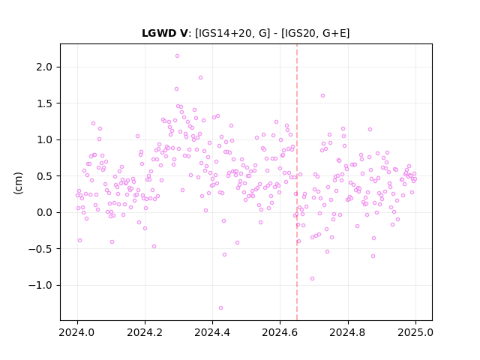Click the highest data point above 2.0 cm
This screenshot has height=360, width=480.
[x=177, y=56]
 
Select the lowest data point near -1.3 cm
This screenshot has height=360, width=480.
[x=220, y=308]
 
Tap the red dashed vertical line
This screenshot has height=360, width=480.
[x=297, y=182]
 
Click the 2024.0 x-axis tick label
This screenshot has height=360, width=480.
[x=77, y=332]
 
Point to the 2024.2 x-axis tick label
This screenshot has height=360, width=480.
[x=145, y=332]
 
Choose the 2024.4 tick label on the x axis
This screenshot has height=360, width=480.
[x=212, y=332]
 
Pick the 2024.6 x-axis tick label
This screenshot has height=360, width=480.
[x=280, y=332]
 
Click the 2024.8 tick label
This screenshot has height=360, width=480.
[x=348, y=332]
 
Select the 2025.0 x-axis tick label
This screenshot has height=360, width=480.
[x=415, y=332]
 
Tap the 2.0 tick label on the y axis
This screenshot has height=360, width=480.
[x=44, y=67]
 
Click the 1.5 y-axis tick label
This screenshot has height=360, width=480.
[x=44, y=103]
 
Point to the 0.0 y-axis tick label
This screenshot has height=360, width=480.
[x=44, y=212]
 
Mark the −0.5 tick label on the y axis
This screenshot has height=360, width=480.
[x=40, y=249]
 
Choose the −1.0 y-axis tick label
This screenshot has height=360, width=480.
[x=40, y=285]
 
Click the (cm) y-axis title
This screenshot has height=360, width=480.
[x=18, y=183]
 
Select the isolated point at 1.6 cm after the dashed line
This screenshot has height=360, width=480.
[x=322, y=96]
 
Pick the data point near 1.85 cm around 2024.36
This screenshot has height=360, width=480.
[x=200, y=78]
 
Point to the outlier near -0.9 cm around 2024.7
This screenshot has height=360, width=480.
[x=312, y=278]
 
